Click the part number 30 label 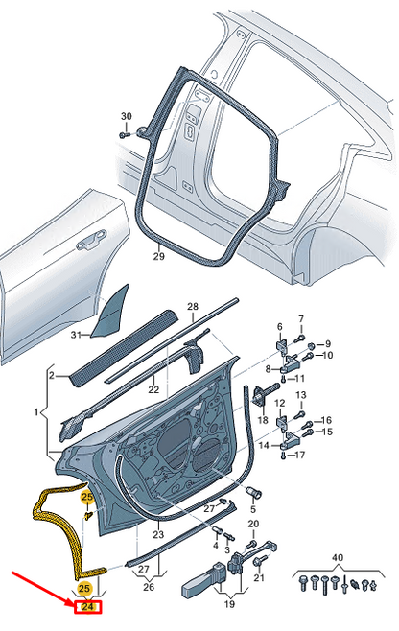pyautogui.click(x=126, y=117)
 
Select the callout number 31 pyautogui.click(x=76, y=334)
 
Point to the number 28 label pyautogui.click(x=192, y=308)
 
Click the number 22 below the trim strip pyautogui.click(x=153, y=389)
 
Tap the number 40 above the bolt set pyautogui.click(x=336, y=558)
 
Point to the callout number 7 pyautogui.click(x=299, y=319)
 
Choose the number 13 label pyautogui.click(x=300, y=395)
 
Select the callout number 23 pyautogui.click(x=158, y=534)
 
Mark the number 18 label pyautogui.click(x=262, y=420)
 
